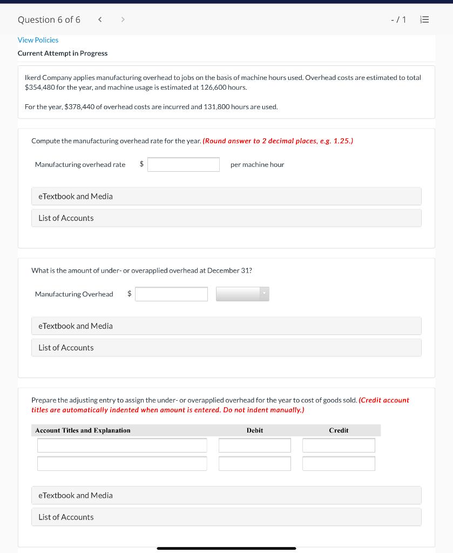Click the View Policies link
click(x=38, y=40)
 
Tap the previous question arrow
click(x=100, y=20)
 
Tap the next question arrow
click(x=123, y=20)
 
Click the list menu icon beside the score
click(x=424, y=20)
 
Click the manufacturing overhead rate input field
click(x=184, y=164)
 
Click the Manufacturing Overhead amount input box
click(x=171, y=294)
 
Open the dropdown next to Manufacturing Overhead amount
click(x=242, y=294)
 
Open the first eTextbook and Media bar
click(x=226, y=196)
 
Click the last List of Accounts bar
click(x=226, y=517)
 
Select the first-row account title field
click(x=122, y=445)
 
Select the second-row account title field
click(x=122, y=463)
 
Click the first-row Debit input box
click(x=254, y=445)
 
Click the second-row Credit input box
click(x=339, y=463)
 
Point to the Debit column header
click(x=254, y=430)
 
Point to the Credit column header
click(x=339, y=430)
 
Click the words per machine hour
click(x=257, y=164)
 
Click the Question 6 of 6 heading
click(x=49, y=20)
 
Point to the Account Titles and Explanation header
click(x=83, y=430)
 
